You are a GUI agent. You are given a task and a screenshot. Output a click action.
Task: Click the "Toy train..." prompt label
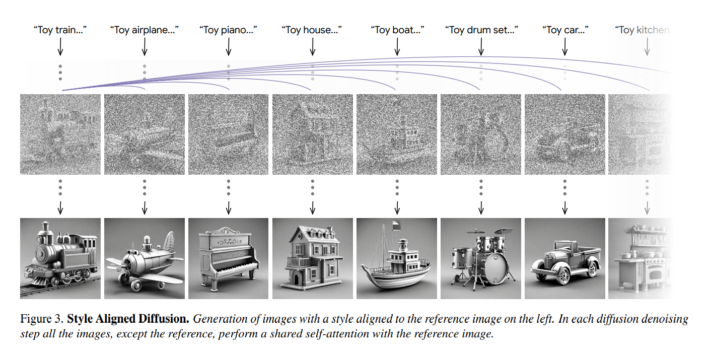click(60, 30)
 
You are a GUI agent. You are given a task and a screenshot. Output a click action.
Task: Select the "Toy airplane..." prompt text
click(144, 30)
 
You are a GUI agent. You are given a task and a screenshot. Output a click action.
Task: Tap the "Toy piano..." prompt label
click(228, 30)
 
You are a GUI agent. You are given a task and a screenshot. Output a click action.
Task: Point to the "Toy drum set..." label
click(481, 30)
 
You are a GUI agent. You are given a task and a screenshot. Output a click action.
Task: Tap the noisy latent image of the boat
click(396, 134)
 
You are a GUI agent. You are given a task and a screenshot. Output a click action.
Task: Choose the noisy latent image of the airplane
click(144, 134)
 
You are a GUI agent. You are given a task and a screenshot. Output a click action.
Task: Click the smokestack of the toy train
click(46, 229)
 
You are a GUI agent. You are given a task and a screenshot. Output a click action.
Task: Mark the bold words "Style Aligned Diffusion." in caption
click(128, 319)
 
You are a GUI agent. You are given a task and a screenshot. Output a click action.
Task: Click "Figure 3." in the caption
click(42, 319)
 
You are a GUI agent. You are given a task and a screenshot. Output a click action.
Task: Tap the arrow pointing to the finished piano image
click(228, 207)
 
